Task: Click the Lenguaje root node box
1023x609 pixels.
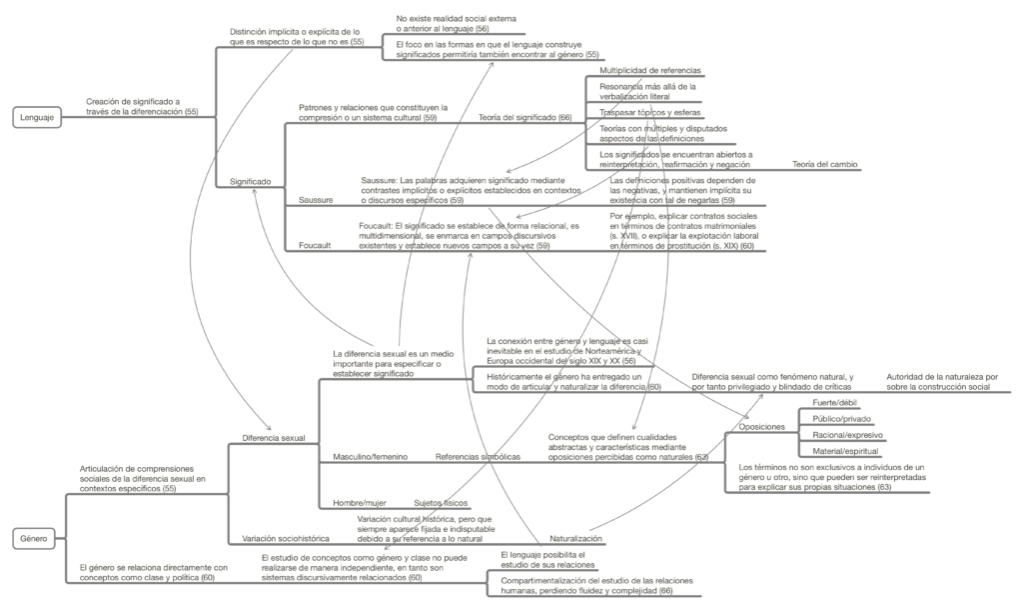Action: click(37, 118)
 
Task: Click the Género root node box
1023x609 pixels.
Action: click(37, 539)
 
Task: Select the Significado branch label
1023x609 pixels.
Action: click(251, 181)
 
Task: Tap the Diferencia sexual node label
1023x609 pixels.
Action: click(274, 438)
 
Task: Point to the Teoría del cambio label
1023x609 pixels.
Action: click(824, 163)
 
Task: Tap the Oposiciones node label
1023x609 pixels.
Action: click(761, 427)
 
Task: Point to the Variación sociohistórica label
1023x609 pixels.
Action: click(287, 538)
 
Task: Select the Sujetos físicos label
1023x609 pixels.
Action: click(442, 502)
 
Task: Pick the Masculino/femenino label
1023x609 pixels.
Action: click(370, 457)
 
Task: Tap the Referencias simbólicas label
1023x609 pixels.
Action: click(478, 457)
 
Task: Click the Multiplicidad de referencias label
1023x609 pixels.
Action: click(649, 71)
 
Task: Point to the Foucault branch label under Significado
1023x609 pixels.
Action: click(316, 245)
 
